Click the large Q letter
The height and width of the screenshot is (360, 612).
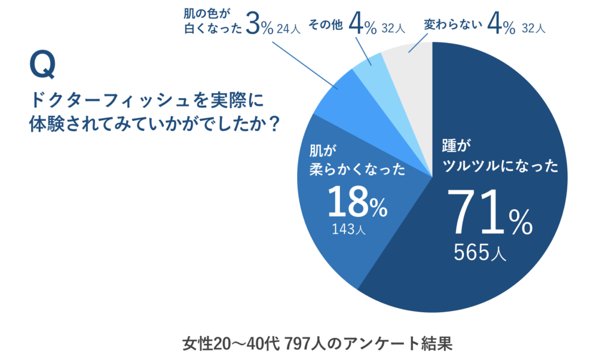click(x=42, y=65)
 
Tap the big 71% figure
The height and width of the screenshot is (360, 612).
click(x=489, y=212)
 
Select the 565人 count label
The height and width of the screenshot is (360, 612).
click(x=480, y=252)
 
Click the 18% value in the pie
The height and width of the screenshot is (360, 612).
click(x=357, y=202)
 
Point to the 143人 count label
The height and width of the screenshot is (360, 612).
click(x=348, y=229)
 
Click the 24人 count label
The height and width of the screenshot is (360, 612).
click(x=289, y=29)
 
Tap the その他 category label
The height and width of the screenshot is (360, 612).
click(x=326, y=25)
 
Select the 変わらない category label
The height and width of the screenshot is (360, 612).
click(x=453, y=25)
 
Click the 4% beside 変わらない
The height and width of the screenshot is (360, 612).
click(x=501, y=24)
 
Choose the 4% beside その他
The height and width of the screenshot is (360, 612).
click(x=363, y=24)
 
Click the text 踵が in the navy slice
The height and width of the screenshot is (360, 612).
click(x=456, y=146)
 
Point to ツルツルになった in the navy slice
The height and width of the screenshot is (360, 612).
click(x=500, y=166)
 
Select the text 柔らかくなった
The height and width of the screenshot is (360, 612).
click(x=357, y=170)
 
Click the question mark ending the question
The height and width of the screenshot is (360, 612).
click(x=274, y=124)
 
